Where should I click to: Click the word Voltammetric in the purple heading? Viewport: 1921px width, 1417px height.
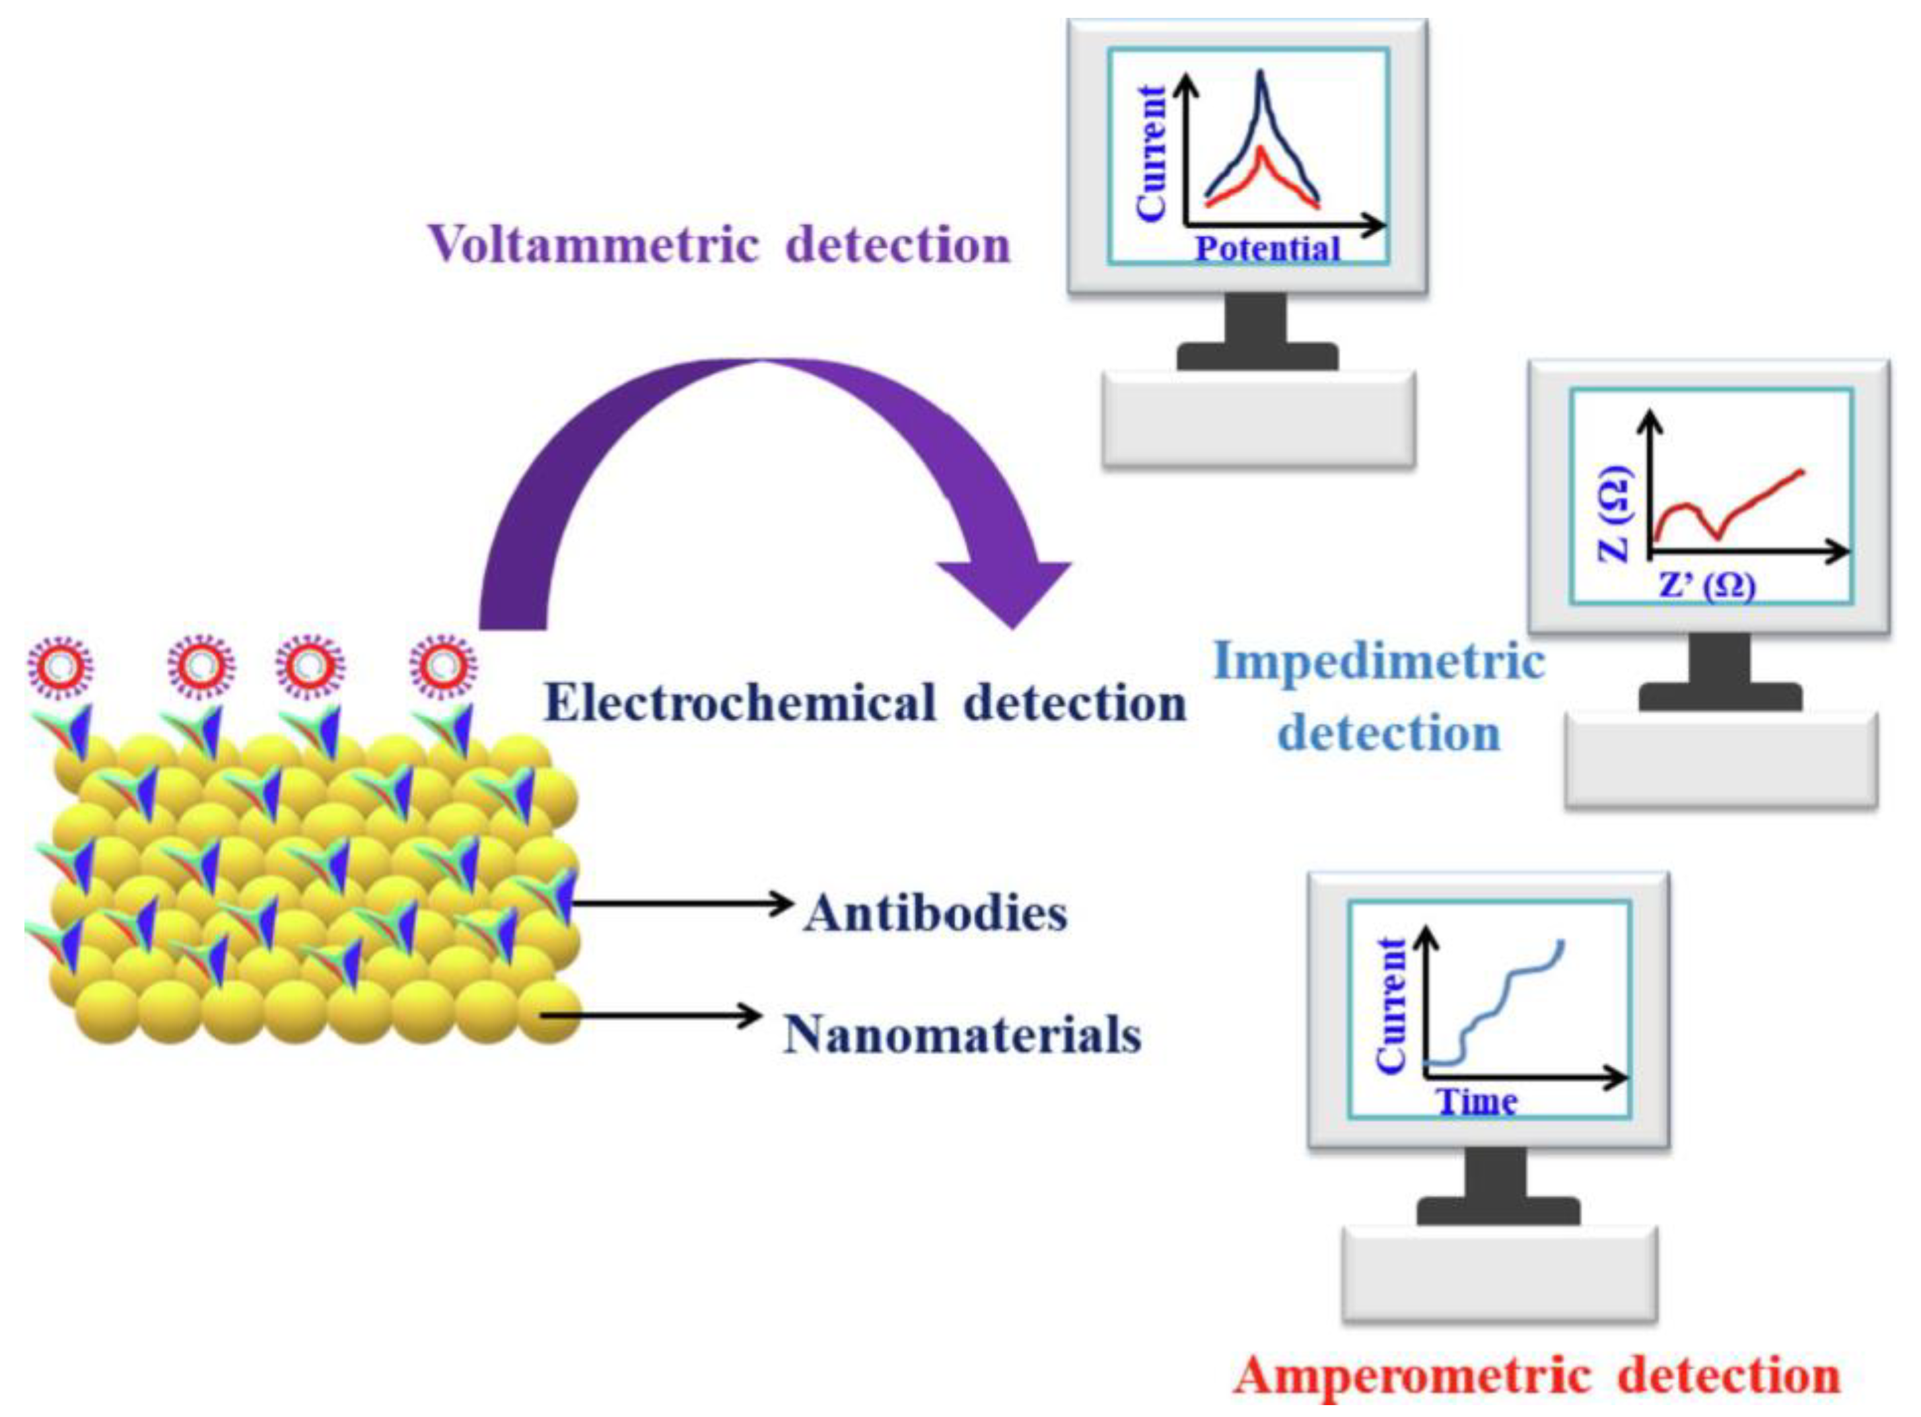tap(594, 246)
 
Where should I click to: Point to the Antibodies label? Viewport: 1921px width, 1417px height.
tap(936, 913)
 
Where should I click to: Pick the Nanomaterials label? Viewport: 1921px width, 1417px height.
tap(962, 1035)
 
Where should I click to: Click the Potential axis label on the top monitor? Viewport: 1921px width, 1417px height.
tap(1267, 250)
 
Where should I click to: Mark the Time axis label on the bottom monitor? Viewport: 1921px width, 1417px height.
tap(1477, 1102)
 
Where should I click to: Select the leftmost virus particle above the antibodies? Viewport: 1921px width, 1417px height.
tap(59, 665)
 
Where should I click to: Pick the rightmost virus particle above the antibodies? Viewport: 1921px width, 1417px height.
tap(443, 665)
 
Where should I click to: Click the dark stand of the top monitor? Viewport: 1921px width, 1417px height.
tap(1257, 335)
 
